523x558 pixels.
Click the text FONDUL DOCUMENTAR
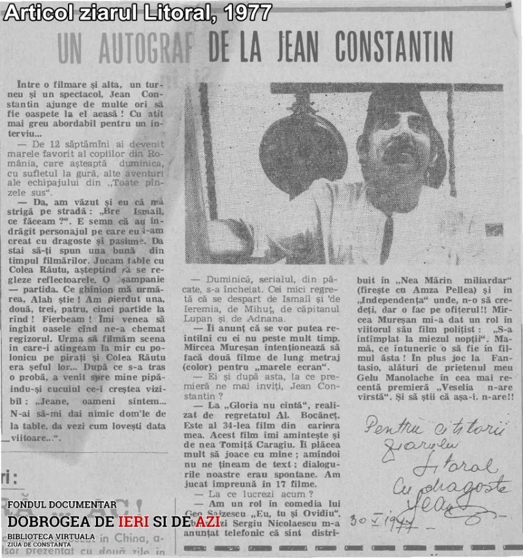[62, 504]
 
